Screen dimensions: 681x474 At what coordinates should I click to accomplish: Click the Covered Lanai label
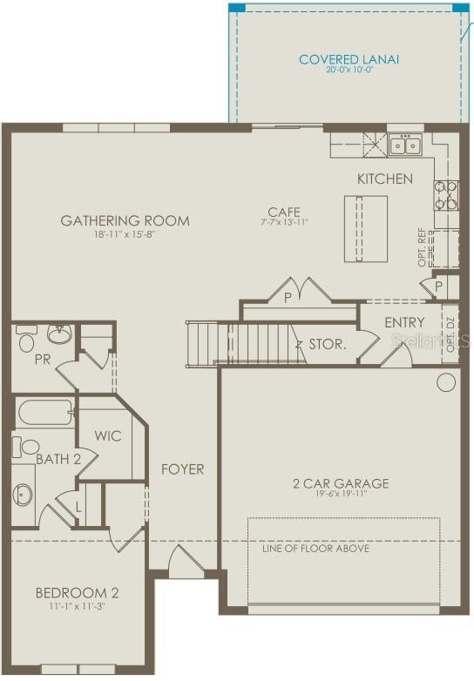(349, 59)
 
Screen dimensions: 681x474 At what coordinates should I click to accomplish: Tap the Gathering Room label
(125, 220)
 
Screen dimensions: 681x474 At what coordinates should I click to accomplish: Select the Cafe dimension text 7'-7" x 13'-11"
(284, 223)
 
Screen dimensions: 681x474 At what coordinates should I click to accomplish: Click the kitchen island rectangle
(365, 227)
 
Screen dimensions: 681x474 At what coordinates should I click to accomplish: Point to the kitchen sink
(404, 145)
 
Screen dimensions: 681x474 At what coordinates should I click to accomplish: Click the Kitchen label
(385, 179)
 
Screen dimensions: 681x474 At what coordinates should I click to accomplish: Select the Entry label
(404, 322)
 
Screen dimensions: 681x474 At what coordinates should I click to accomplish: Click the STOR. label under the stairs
(328, 344)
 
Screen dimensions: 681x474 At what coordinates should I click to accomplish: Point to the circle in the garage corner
(446, 381)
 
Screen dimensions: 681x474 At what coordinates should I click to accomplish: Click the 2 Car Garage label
(340, 483)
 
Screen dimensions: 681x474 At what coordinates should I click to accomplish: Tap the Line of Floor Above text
(315, 549)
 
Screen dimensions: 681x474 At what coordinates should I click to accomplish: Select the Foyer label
(183, 469)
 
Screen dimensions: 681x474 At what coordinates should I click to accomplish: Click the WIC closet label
(108, 435)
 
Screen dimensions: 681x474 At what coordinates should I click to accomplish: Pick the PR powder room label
(42, 359)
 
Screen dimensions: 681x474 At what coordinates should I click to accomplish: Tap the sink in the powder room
(58, 334)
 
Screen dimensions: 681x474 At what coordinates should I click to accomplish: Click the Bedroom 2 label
(77, 594)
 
